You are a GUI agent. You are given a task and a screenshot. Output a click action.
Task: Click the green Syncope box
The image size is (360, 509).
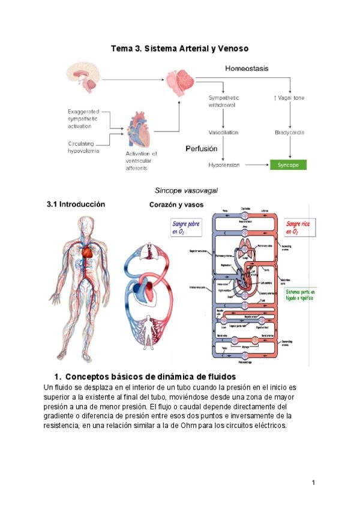coord(288,164)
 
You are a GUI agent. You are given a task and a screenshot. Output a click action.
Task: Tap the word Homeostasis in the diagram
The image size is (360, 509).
coord(247,68)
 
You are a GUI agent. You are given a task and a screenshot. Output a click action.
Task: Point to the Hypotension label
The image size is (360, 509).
coord(224,164)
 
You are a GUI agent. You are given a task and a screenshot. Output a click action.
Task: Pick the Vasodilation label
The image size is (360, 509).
coord(223,132)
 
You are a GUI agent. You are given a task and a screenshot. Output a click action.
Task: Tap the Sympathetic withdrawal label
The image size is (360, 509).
coord(223,100)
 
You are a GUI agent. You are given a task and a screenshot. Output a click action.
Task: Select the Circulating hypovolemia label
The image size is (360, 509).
coord(84,147)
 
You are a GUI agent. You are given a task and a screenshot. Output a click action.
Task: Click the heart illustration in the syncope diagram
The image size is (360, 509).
coord(140,128)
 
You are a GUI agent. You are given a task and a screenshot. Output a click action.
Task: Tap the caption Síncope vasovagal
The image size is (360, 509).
coord(186,190)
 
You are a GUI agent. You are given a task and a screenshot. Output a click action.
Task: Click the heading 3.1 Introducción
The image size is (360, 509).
coord(76,204)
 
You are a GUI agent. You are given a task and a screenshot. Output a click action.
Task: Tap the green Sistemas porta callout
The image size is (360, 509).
coord(300,295)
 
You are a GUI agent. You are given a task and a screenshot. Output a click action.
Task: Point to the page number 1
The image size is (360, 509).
coord(313,483)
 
